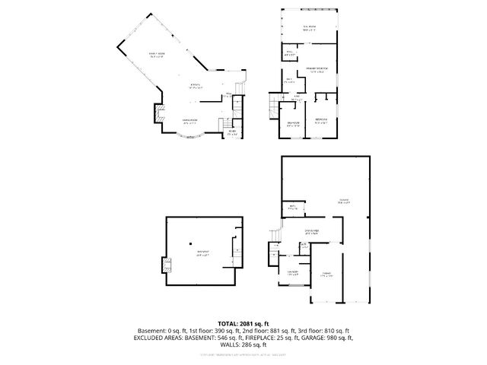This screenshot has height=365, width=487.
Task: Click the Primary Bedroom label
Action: (317, 71)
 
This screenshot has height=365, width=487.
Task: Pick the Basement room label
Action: (202, 252)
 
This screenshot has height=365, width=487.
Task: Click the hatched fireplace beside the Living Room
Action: (160, 115)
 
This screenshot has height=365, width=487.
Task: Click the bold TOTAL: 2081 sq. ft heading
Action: (243, 323)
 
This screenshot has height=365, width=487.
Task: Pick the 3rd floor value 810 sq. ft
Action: (329, 331)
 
